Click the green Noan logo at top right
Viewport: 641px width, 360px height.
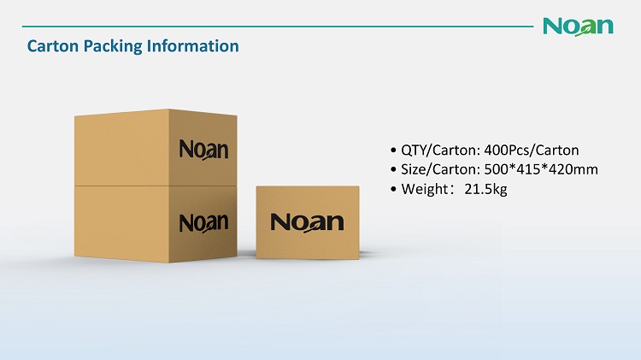[x=578, y=27]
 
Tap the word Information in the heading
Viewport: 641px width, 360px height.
[x=193, y=46]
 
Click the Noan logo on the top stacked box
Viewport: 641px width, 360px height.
[x=203, y=150]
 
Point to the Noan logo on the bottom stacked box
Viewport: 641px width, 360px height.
[x=203, y=223]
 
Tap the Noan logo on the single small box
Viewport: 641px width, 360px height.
[x=307, y=222]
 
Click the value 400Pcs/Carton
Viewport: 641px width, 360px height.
[x=532, y=150]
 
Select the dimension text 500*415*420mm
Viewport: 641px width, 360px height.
[x=541, y=169]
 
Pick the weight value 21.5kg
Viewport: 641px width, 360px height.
[x=485, y=190]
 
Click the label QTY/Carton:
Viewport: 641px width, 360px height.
[x=441, y=150]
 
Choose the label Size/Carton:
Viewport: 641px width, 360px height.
[x=441, y=169]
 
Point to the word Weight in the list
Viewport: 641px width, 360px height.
[x=425, y=190]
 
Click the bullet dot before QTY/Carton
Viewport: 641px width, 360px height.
[x=393, y=150]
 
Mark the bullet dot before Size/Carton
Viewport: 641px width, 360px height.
[x=393, y=170]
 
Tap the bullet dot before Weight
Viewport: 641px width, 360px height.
[x=393, y=190]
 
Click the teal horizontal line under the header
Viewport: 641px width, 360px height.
[x=278, y=27]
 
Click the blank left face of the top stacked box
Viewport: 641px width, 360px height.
[x=122, y=148]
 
